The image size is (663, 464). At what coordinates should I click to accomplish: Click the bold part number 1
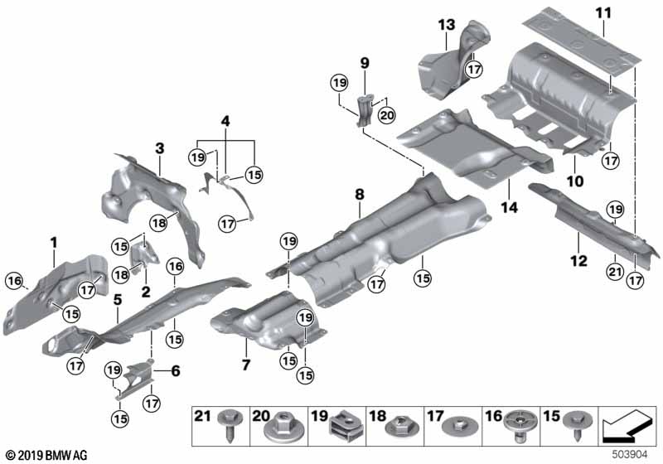coord(54,243)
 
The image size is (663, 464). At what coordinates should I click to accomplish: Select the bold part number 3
coord(159,149)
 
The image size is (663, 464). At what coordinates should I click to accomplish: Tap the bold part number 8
coord(359,194)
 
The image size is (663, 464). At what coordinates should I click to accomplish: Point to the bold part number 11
coord(602,14)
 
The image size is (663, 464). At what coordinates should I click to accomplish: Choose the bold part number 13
coord(447,24)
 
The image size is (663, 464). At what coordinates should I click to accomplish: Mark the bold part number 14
coord(508,209)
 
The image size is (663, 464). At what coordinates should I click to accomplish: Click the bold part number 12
coord(578,261)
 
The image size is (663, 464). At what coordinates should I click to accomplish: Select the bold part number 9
coord(363,62)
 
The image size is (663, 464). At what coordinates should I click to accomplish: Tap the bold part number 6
coord(175,372)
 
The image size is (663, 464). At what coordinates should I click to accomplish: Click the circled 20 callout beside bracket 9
coord(387,116)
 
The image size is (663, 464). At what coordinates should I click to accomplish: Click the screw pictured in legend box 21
coord(226,431)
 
